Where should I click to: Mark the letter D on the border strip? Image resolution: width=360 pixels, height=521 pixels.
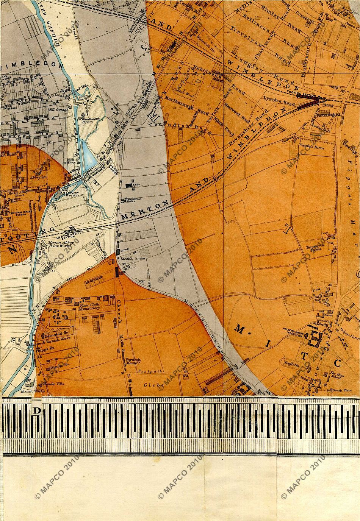click(37, 412)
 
